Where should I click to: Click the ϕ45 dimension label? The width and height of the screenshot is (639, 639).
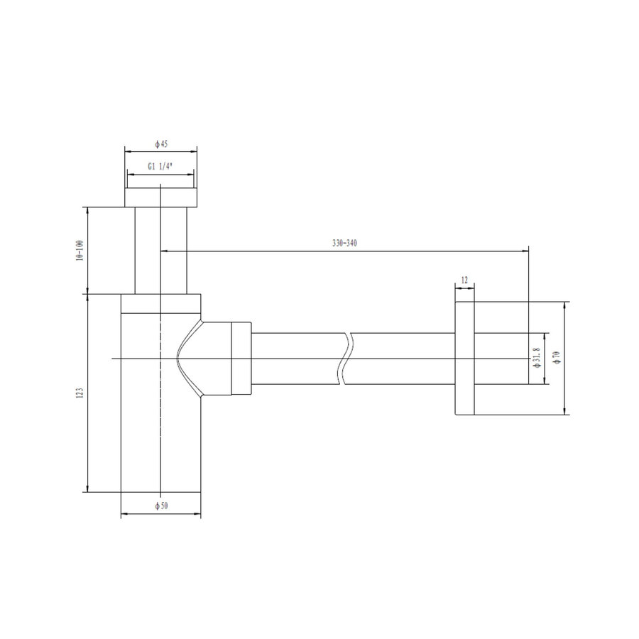(x=161, y=144)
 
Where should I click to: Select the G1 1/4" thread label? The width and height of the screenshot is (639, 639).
(x=160, y=166)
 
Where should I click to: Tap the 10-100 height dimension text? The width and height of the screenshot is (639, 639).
(x=80, y=251)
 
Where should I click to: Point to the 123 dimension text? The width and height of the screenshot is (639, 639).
(x=80, y=393)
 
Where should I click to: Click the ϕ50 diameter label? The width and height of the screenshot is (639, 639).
(x=161, y=506)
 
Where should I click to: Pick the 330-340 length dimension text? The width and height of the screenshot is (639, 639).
(x=344, y=244)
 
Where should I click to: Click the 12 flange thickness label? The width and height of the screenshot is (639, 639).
(x=464, y=280)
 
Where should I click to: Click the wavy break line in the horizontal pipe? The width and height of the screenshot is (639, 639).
(x=346, y=359)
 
